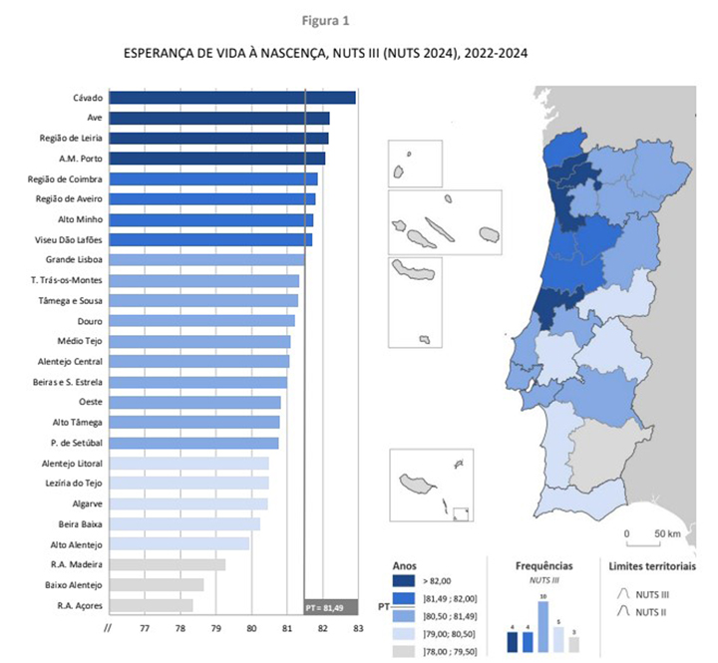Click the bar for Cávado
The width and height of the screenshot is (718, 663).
pos(231,98)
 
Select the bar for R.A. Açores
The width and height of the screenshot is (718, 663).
pos(151,605)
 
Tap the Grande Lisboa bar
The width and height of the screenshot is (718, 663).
pos(206,260)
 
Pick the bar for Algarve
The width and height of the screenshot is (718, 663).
pos(187,503)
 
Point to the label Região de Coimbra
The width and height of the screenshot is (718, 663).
pos(65,178)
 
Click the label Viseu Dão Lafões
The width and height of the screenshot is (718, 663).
pos(67,239)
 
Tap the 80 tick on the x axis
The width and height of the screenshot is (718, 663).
pos(251,628)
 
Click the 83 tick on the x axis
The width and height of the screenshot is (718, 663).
pos(358,628)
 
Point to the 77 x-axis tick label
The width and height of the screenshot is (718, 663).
pos(145,628)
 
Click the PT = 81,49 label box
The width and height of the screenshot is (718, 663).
pos(330,607)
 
